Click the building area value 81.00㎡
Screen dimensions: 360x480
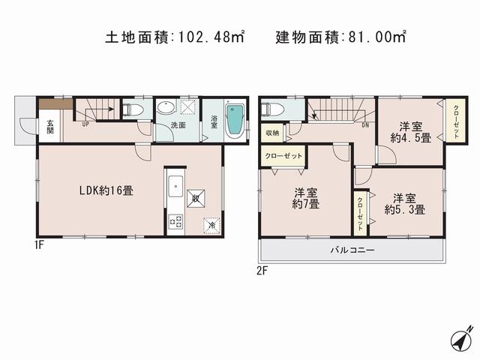point(375,35)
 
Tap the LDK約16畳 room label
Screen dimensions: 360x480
point(106,190)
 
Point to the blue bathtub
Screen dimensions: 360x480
point(235,120)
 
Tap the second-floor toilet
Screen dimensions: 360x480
point(273,109)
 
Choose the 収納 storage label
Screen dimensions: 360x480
point(271,133)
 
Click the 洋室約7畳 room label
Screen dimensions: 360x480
point(305,198)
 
